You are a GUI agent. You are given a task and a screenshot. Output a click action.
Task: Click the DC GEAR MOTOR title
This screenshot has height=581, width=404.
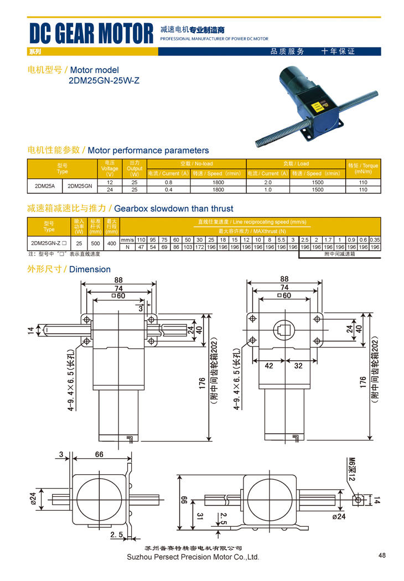(x=91, y=34)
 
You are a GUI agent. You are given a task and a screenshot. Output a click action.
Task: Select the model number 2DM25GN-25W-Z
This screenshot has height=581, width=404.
(x=103, y=81)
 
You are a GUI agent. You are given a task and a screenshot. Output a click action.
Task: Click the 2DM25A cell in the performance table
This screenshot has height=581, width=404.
(x=45, y=186)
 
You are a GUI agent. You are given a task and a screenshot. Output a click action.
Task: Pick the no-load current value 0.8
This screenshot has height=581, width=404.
(x=168, y=182)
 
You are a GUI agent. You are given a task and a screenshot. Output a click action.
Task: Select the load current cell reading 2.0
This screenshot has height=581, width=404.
(x=268, y=182)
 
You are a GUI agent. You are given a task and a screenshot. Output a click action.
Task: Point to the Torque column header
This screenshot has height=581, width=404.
(x=362, y=168)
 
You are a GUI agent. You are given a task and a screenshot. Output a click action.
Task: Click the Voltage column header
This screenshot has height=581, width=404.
(x=110, y=168)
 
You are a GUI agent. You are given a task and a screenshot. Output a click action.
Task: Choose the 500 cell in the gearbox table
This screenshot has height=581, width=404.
(x=96, y=243)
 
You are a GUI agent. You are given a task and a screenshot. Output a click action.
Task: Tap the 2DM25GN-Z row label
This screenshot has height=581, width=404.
(x=49, y=243)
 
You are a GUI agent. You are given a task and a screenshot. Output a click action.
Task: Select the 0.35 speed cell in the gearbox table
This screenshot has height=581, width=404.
(x=375, y=240)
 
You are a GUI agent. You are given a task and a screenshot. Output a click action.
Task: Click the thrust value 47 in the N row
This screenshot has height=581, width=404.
(x=141, y=247)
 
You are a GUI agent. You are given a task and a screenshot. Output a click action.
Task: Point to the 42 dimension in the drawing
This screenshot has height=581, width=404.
(x=270, y=366)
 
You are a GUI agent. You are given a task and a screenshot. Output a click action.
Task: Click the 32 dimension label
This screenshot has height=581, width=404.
(x=298, y=366)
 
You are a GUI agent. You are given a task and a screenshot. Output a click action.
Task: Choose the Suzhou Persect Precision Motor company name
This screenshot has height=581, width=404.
(x=193, y=557)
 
